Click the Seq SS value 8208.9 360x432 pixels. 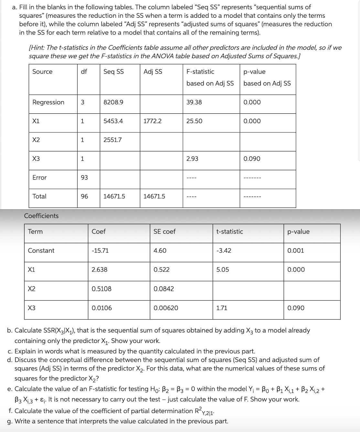pos(113,102)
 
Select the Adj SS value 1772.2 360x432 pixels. pos(152,121)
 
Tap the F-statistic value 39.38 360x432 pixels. pos(194,102)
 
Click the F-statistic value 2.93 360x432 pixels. pos(192,159)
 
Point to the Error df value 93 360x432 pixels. pos(84,178)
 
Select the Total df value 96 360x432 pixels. pos(84,196)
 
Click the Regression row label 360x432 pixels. pos(48,102)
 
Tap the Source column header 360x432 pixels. pos(42,72)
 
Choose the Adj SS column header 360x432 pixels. pos(153,72)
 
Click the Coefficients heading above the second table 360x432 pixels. pos(41,216)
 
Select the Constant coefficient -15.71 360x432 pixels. pos(100,251)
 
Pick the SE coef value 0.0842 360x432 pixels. pos(164,289)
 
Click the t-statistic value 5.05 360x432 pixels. pos(223,270)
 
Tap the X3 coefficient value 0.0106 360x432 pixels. pos(102,308)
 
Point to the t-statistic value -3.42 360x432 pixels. pos(224,251)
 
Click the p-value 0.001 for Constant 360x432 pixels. pos(296,251)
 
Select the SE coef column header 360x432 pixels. pos(164,231)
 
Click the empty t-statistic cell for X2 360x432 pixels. pos(248,291)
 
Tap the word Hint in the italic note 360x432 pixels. pos(37,48)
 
